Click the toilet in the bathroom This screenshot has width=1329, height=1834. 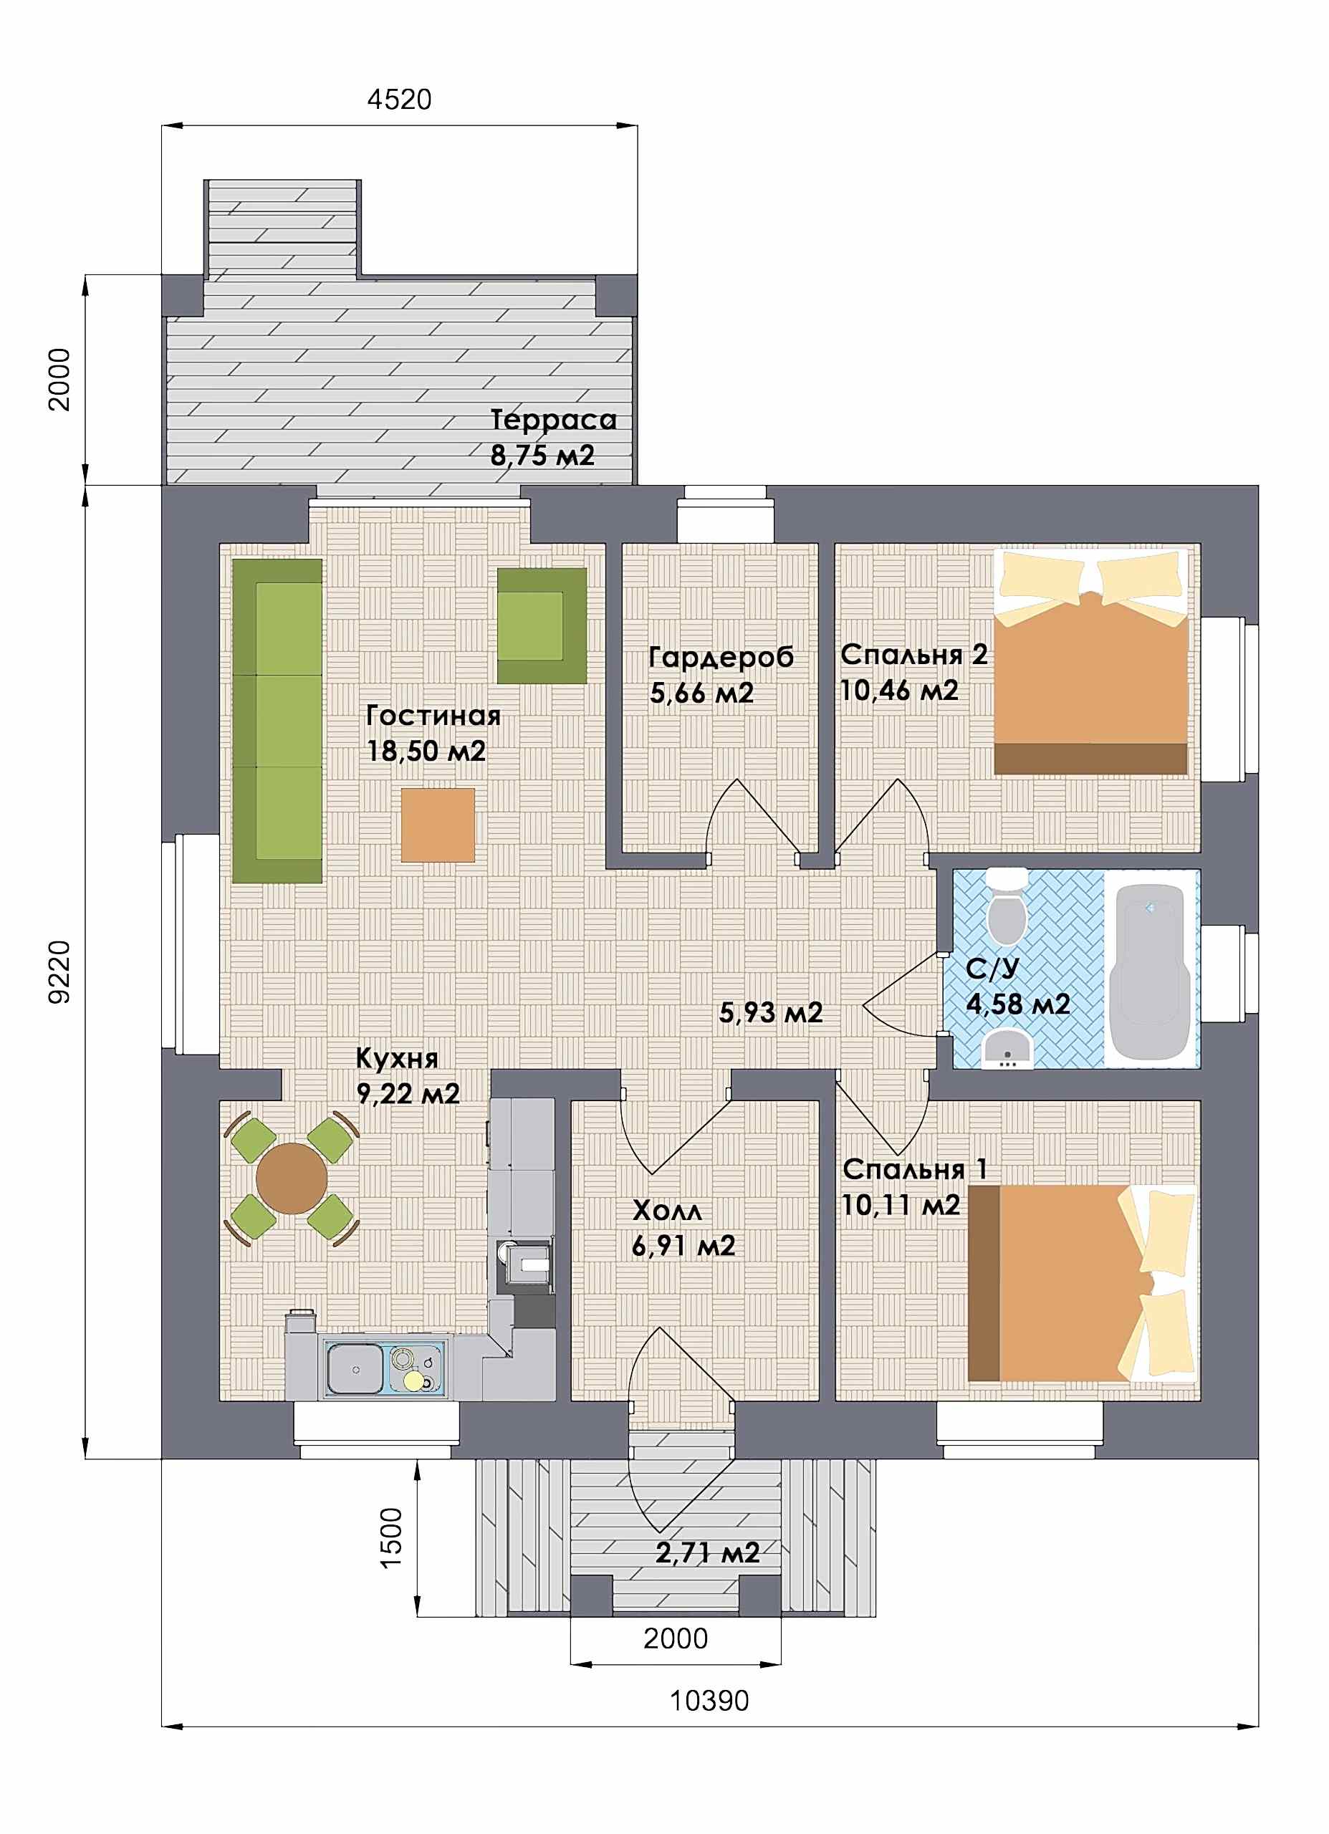(1007, 906)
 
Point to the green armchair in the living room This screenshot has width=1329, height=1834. (541, 625)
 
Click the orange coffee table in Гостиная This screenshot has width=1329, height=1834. (438, 825)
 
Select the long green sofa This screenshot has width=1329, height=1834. (277, 720)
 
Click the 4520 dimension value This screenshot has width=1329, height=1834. (400, 100)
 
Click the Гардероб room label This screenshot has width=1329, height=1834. (721, 658)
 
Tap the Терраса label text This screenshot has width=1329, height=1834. (553, 421)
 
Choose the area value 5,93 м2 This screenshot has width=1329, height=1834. (771, 1012)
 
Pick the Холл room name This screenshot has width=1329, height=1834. (666, 1211)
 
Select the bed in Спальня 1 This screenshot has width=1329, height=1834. (1083, 1283)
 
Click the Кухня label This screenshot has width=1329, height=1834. (397, 1059)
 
